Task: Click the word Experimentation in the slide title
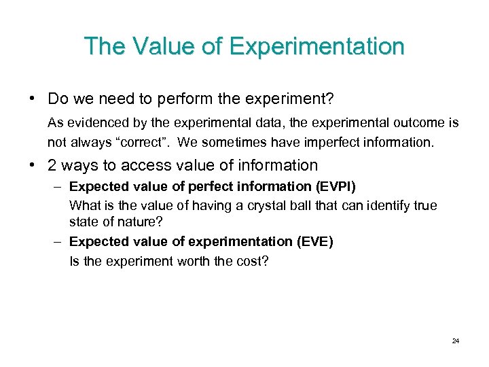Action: [x=316, y=47]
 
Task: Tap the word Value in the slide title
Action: [x=162, y=47]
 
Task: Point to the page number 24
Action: [x=455, y=340]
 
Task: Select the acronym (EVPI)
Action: [x=333, y=186]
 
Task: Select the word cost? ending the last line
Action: [x=254, y=260]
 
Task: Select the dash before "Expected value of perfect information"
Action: [x=59, y=186]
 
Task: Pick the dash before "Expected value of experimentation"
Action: [x=59, y=242]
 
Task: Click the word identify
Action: [x=384, y=205]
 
